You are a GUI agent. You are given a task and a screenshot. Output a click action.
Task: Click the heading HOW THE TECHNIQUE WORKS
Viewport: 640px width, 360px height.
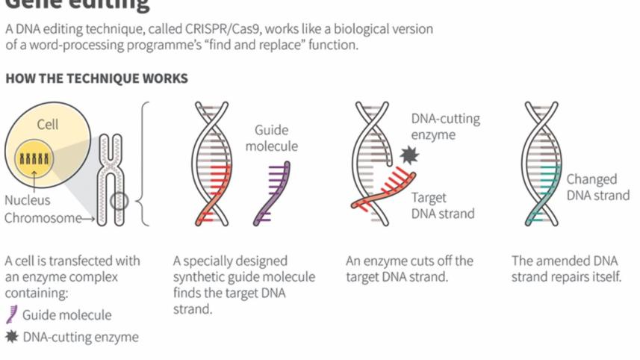96,78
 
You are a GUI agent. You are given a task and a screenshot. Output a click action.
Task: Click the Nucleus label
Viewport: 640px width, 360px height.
28,200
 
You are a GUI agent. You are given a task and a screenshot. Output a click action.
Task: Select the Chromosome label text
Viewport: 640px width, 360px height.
43,218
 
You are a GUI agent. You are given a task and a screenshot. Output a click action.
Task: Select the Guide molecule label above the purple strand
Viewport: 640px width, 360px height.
271,138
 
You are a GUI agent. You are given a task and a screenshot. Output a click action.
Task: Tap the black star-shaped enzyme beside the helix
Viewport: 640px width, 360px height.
409,155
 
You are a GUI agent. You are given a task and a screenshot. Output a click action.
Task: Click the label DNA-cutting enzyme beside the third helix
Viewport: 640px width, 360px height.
445,127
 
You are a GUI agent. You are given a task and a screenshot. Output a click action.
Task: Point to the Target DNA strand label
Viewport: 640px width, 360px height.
442,205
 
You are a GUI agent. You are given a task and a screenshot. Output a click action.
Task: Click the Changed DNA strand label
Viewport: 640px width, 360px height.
597,187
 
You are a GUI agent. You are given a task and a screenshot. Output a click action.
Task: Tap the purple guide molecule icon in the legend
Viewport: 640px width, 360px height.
11,314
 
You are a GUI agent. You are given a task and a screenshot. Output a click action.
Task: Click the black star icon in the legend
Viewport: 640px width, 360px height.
11,336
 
